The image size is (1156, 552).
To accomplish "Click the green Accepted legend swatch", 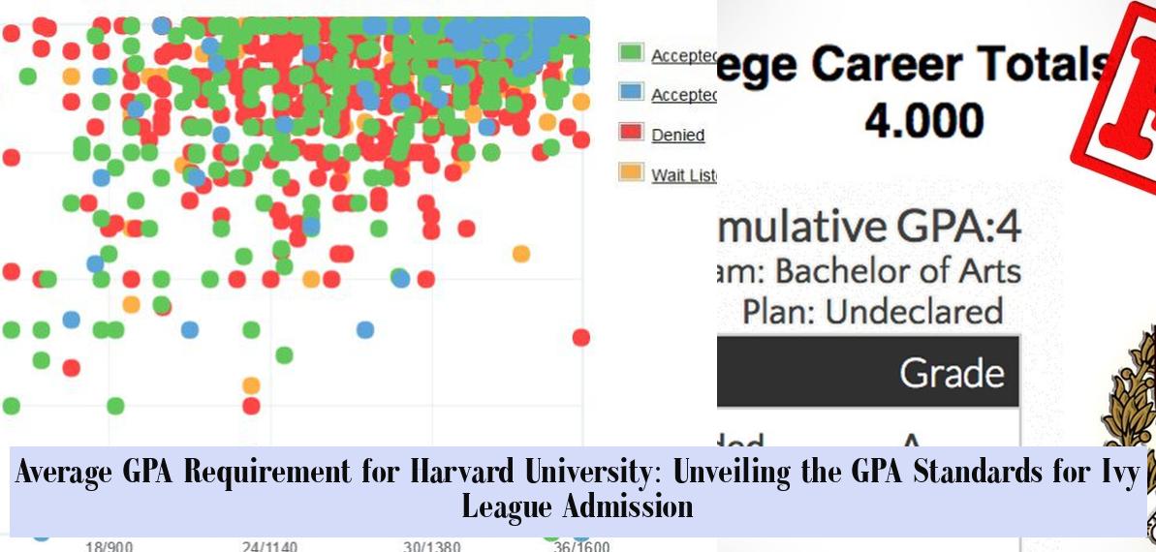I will [631, 53].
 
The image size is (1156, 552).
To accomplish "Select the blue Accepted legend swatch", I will [631, 93].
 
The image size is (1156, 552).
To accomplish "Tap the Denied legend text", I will [677, 136].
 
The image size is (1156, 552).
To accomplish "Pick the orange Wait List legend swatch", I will [631, 173].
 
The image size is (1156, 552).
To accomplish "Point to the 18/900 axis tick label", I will [109, 546].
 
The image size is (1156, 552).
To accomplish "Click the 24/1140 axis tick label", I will [269, 546].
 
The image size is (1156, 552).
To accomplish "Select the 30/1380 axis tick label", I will [430, 546].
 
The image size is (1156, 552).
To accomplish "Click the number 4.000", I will [923, 121].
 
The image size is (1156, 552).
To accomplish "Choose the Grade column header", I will [952, 373].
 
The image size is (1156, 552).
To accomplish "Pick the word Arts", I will [988, 270].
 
